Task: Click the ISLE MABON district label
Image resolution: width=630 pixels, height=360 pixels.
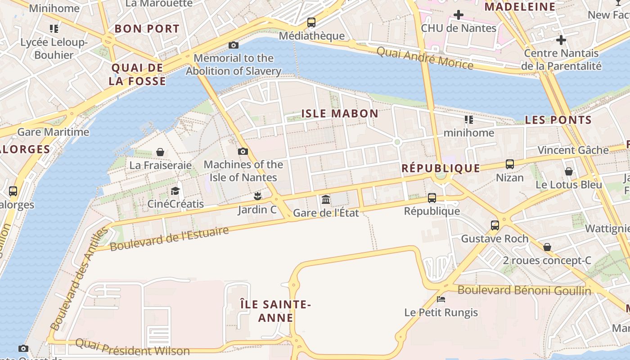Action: pos(340,113)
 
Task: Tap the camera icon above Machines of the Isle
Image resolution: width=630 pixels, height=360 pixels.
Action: pos(243,151)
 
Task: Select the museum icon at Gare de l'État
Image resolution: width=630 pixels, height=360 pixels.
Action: pos(326,199)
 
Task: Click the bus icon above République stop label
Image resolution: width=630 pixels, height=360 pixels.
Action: pos(432,198)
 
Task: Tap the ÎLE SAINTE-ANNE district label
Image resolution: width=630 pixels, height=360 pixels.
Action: pos(275,311)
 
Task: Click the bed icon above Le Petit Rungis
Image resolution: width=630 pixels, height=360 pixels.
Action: pos(441,299)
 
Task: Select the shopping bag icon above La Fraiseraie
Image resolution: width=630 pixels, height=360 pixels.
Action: pos(160,152)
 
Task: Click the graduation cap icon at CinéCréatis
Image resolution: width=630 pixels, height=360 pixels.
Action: pos(175,191)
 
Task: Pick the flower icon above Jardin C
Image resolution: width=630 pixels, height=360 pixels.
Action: pos(257,196)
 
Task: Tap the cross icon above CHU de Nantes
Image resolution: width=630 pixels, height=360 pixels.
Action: pos(459,15)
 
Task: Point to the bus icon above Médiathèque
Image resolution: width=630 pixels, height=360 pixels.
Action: pos(311,22)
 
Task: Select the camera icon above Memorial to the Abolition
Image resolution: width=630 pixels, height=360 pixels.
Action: pos(234,45)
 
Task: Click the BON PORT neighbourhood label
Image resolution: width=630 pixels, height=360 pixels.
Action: pos(147,29)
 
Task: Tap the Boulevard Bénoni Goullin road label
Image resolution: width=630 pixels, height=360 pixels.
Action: pos(524,290)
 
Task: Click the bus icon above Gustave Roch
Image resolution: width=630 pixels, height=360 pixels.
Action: pos(495,225)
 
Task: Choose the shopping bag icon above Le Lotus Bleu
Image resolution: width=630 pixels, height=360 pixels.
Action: pos(569,171)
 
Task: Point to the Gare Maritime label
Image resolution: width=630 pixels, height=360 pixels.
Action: pos(53,132)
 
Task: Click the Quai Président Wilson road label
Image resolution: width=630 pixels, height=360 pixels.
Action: pos(132,348)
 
